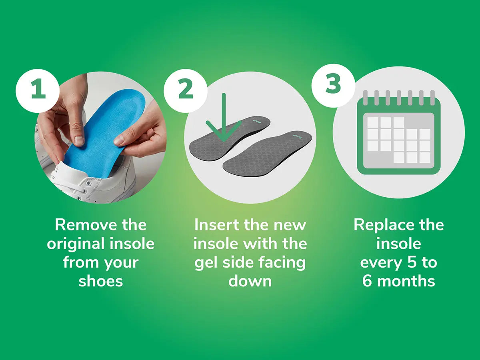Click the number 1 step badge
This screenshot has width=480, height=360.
[x=38, y=91]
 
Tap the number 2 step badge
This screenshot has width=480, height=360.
[x=186, y=91]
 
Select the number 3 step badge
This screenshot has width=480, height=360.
[x=333, y=86]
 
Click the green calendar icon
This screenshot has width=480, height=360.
[x=399, y=132]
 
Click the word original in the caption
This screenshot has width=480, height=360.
[x=76, y=244]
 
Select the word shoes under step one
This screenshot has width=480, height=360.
[x=101, y=281]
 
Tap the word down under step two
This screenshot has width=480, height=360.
[x=250, y=281]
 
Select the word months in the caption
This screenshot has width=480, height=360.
[x=406, y=281]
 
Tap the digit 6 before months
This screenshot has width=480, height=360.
[x=367, y=281]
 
